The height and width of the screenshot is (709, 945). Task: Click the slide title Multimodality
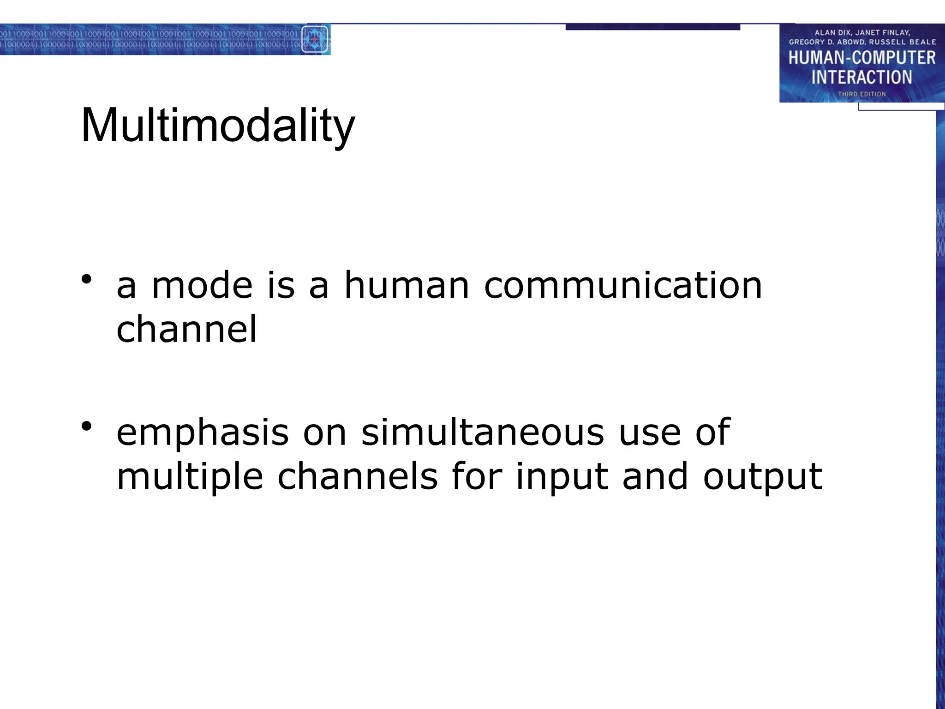[x=218, y=126]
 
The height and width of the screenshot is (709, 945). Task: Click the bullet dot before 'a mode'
[x=86, y=279]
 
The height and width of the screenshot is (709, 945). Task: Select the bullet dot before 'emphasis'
[x=86, y=426]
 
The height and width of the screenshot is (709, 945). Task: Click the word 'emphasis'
[x=202, y=433]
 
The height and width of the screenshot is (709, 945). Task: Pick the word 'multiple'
[x=190, y=477]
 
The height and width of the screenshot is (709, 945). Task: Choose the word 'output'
[x=762, y=477]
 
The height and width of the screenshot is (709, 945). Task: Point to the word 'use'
[x=649, y=433]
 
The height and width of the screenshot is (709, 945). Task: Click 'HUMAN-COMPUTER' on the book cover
[x=861, y=58]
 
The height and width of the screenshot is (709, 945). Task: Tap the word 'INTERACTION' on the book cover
[x=861, y=77]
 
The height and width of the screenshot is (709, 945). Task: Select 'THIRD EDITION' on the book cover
[x=861, y=94]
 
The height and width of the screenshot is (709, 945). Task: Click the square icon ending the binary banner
[x=315, y=39]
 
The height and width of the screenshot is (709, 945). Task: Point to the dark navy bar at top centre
[x=652, y=27]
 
